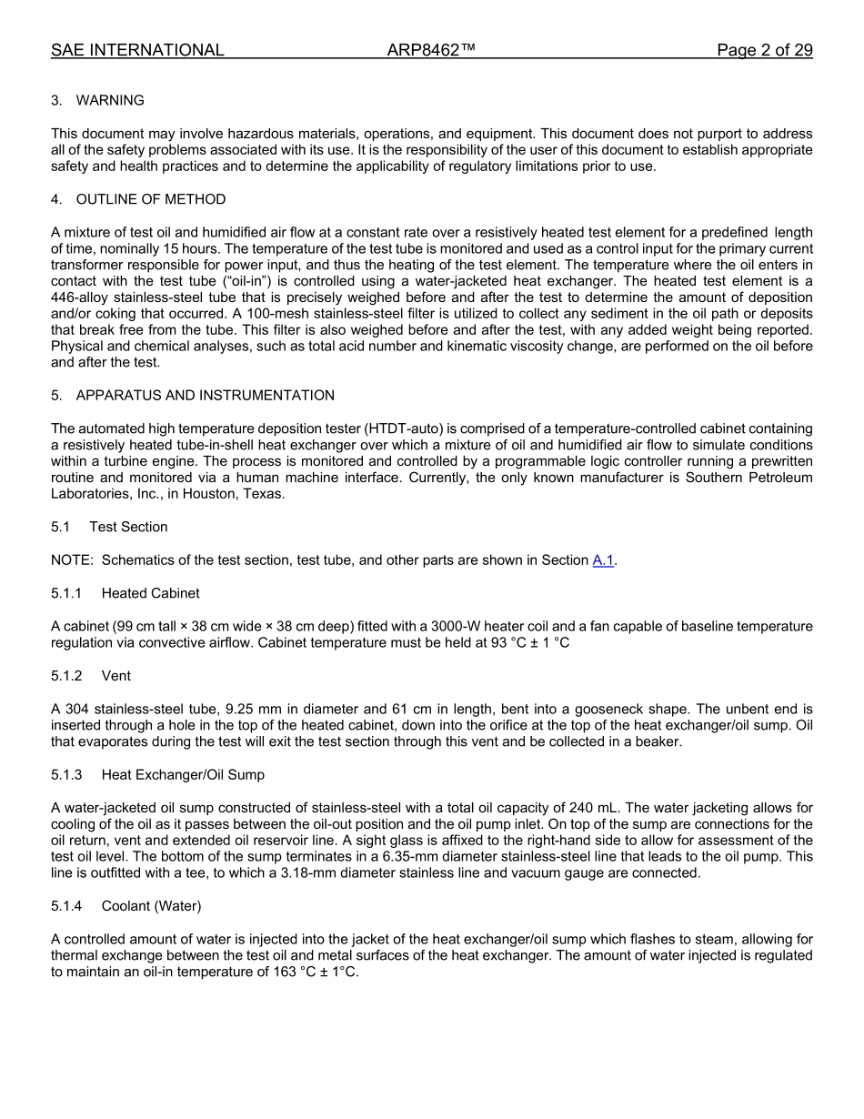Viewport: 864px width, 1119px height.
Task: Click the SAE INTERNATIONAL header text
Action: (x=137, y=50)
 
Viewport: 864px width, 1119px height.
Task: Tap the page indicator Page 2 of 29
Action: (x=764, y=50)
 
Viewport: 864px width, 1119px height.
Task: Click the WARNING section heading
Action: (x=110, y=100)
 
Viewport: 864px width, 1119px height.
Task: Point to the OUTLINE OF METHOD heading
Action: (x=151, y=199)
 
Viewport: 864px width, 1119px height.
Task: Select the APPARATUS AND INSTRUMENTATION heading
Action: (x=205, y=395)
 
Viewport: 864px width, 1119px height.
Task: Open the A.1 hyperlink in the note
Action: (x=603, y=560)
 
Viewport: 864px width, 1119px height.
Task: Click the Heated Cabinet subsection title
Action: (x=150, y=593)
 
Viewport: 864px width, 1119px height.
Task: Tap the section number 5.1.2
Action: (x=66, y=676)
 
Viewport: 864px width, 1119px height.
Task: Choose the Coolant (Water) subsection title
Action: (x=151, y=906)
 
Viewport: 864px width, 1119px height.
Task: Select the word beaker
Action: (x=658, y=741)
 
